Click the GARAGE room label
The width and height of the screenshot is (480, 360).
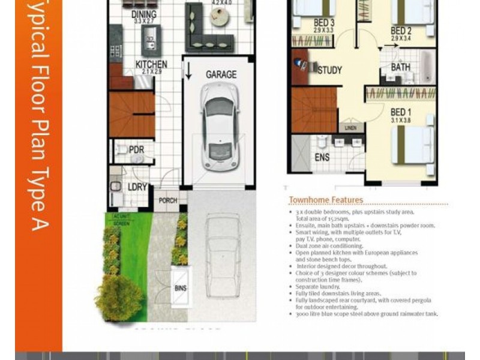(221, 75)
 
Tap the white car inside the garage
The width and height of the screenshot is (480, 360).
(217, 126)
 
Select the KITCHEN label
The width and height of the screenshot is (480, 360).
(151, 65)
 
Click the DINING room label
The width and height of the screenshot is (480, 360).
(144, 14)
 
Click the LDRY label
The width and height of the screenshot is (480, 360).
(137, 187)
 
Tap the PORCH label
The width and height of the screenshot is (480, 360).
(168, 200)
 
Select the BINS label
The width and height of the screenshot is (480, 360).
(180, 287)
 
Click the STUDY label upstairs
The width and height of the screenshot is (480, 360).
(329, 70)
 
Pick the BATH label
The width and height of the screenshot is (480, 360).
(401, 67)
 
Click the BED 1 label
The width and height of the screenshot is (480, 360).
(401, 112)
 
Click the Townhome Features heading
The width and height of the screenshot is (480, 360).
(326, 200)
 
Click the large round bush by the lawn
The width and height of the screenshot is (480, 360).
(118, 296)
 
